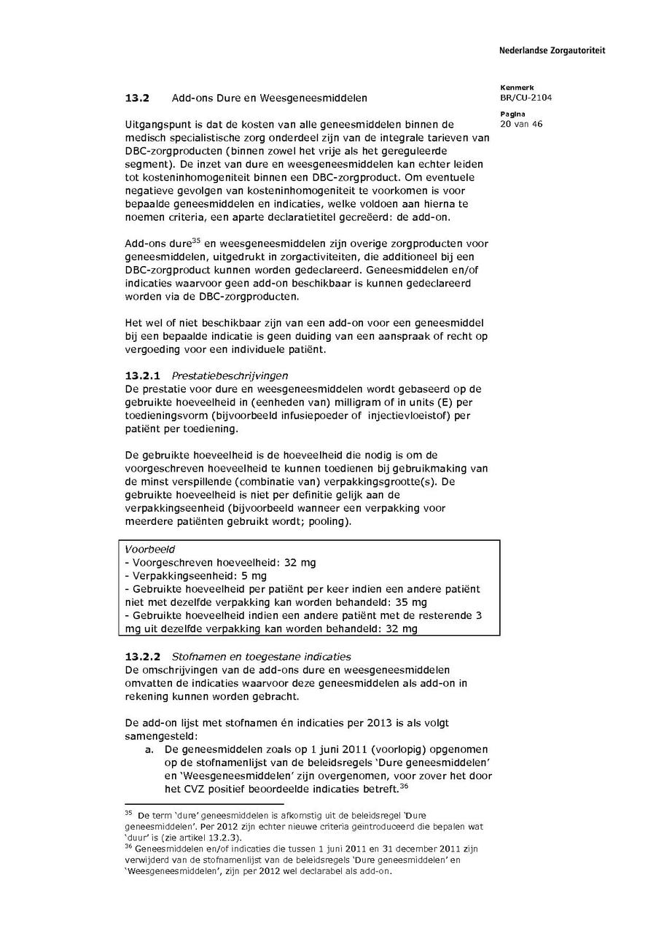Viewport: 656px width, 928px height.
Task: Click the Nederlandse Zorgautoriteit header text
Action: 552,50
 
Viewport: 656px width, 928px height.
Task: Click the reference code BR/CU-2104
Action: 526,98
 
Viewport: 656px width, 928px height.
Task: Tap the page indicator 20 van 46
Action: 521,124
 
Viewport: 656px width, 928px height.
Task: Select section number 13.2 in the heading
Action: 136,98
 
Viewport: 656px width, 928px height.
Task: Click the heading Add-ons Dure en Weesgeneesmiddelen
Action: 269,98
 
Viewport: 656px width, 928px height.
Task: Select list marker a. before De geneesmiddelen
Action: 149,749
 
